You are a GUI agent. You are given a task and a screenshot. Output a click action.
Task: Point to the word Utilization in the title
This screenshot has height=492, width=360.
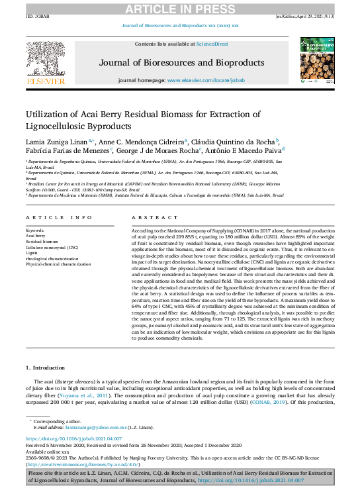click(49, 114)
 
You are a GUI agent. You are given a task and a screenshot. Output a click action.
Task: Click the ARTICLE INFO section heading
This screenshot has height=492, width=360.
click(60, 217)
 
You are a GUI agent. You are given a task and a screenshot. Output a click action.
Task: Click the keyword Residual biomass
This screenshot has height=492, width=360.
click(42, 242)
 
